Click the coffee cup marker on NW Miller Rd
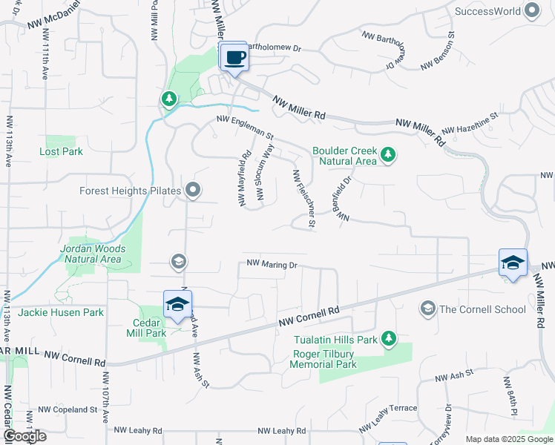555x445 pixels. [234, 57]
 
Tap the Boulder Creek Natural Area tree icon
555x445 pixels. [387, 155]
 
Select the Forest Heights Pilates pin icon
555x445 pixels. [193, 191]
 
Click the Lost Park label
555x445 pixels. [61, 151]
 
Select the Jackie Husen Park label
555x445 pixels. [61, 312]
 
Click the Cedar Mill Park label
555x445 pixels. [149, 328]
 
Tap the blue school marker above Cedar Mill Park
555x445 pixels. [178, 304]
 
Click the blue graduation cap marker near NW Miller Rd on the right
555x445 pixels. [513, 263]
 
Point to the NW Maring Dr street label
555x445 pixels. [272, 264]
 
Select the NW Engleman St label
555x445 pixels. [246, 128]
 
